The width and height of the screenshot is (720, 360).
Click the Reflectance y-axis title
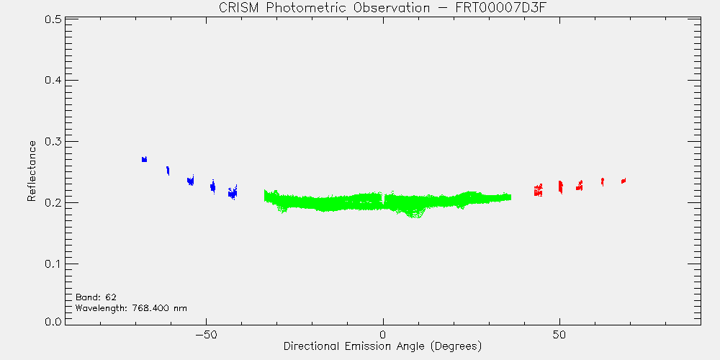tap(31, 171)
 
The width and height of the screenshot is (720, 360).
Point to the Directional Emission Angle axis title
tap(382, 346)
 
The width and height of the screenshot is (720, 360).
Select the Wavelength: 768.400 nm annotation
tap(131, 308)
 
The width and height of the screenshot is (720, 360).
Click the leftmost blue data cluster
tap(144, 159)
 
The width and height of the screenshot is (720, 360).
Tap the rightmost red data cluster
tap(624, 181)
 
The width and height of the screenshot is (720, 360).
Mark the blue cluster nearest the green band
tap(233, 193)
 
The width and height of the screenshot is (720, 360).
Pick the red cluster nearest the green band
tap(538, 190)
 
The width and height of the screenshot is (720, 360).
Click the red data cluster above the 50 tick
tap(560, 186)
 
